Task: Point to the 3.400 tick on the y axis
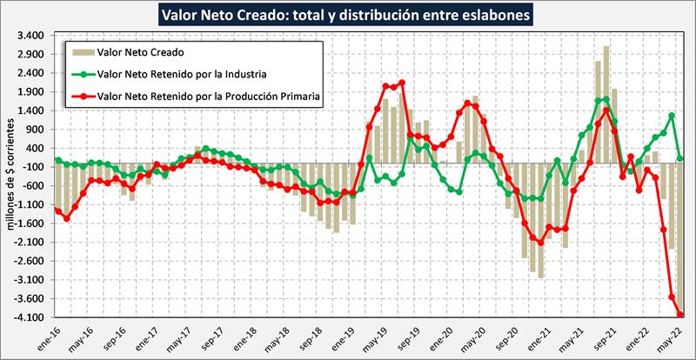pos(31,36)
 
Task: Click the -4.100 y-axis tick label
pos(30,317)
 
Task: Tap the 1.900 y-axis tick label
pos(31,92)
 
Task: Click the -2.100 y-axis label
pos(30,243)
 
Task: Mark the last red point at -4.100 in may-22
pos(680,316)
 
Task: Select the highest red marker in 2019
pos(402,83)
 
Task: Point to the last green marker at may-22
pos(680,159)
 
